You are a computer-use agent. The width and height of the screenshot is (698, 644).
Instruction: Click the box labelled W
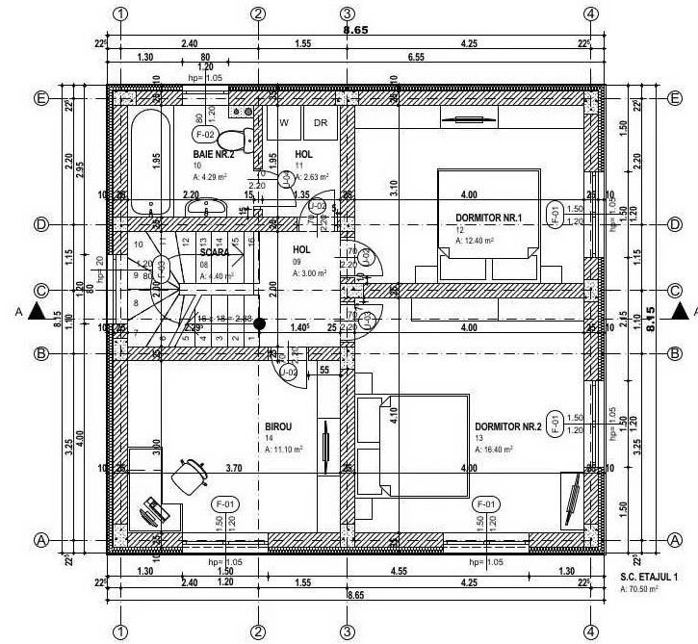284,123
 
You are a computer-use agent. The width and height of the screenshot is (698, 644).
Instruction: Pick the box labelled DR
320,123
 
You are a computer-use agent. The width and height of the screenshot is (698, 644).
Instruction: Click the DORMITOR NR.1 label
488,219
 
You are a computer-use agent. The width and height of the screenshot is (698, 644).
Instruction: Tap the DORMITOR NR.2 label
507,426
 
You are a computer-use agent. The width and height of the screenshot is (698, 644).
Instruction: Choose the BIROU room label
277,425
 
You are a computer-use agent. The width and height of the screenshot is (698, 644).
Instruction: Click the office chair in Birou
189,474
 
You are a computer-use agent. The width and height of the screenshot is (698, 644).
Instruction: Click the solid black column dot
258,324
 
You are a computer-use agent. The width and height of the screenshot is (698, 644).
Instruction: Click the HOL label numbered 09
301,248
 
